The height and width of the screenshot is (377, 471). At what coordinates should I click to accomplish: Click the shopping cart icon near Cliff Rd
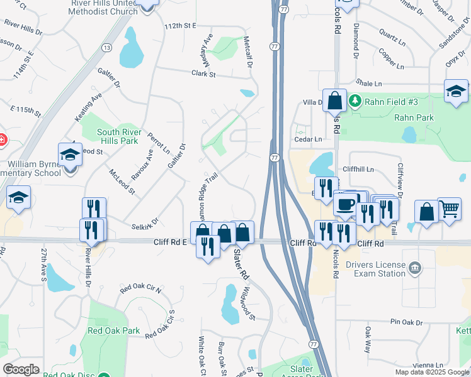pyautogui.click(x=449, y=209)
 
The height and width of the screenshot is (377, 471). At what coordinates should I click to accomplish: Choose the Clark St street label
pyautogui.click(x=203, y=74)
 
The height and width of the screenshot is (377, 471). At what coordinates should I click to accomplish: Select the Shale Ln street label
pyautogui.click(x=369, y=83)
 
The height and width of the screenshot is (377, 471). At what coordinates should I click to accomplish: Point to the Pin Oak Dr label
pyautogui.click(x=406, y=322)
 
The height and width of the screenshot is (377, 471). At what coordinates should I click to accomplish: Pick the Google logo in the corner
pyautogui.click(x=21, y=369)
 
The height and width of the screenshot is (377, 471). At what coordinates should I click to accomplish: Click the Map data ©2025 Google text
pyautogui.click(x=432, y=372)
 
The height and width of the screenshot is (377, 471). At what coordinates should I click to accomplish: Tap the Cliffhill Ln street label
pyautogui.click(x=358, y=170)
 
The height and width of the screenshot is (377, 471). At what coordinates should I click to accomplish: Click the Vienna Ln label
pyautogui.click(x=430, y=365)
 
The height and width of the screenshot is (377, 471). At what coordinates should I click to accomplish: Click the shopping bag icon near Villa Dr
pyautogui.click(x=335, y=100)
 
